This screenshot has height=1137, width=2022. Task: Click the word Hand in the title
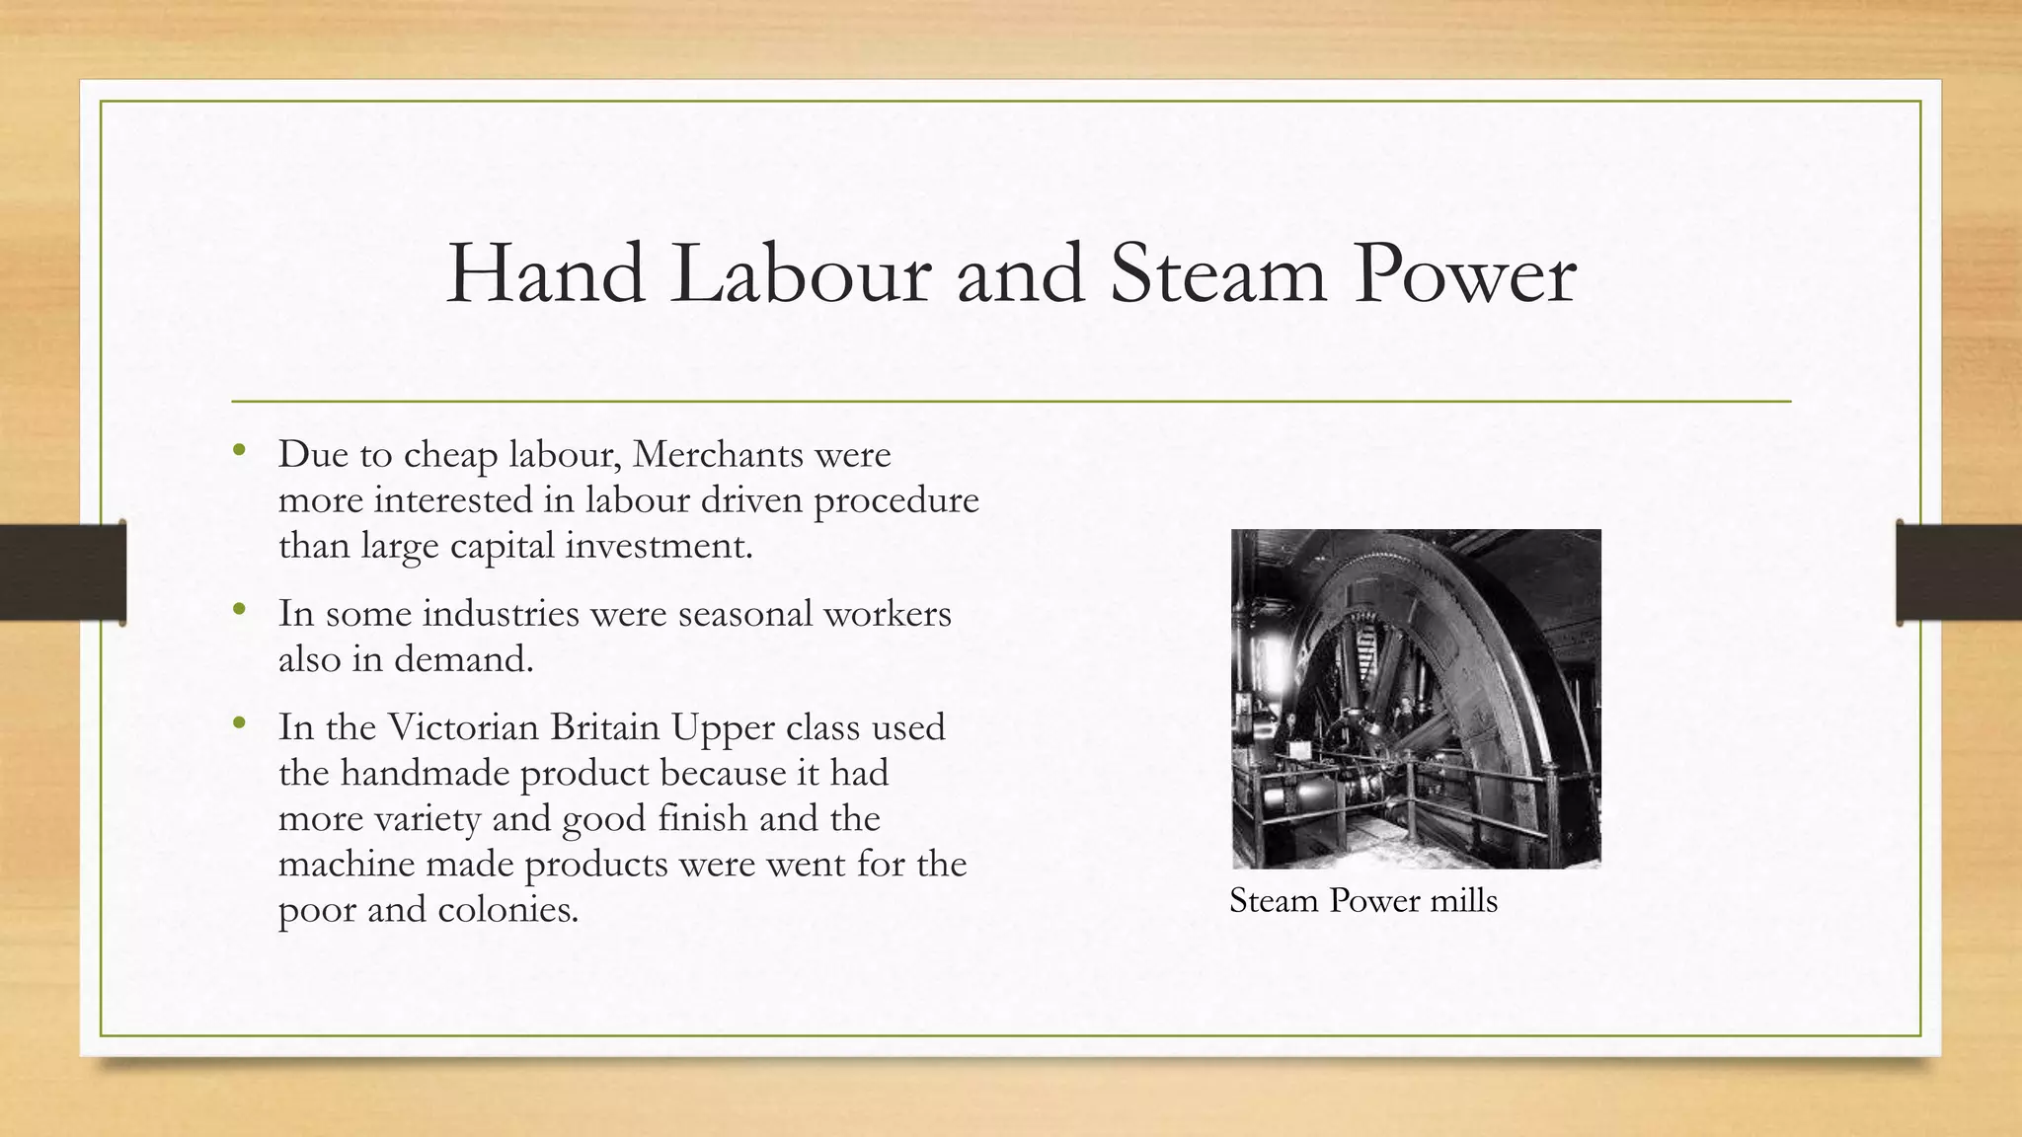[546, 273]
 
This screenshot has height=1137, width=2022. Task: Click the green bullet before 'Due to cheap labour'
[238, 452]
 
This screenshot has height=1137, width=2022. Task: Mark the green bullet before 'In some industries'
[238, 611]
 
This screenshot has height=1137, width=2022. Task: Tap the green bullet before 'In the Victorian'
[238, 724]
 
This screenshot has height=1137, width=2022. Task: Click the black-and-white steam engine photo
[1416, 699]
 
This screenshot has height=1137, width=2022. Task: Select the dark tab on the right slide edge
[1959, 572]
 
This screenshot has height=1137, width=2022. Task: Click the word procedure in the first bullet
[895, 500]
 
